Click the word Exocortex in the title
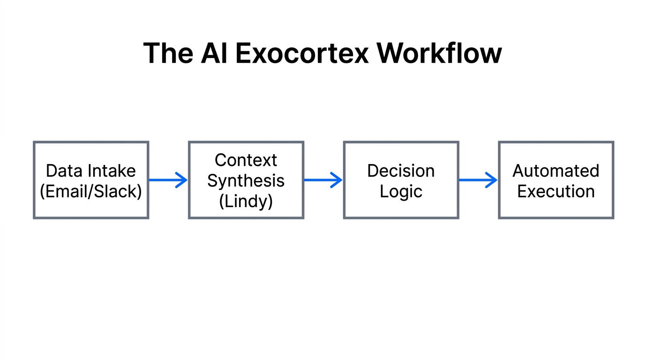tap(302, 53)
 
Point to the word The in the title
tap(168, 53)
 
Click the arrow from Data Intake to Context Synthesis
tap(168, 180)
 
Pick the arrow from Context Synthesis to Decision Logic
tap(323, 180)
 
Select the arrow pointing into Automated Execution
tap(478, 180)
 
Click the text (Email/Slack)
tap(91, 191)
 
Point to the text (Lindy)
tap(246, 201)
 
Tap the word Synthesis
tap(246, 180)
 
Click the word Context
tap(246, 160)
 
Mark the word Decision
tap(401, 171)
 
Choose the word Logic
tap(401, 191)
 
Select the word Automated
tap(556, 171)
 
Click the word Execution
tap(556, 191)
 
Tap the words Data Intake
tap(91, 171)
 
